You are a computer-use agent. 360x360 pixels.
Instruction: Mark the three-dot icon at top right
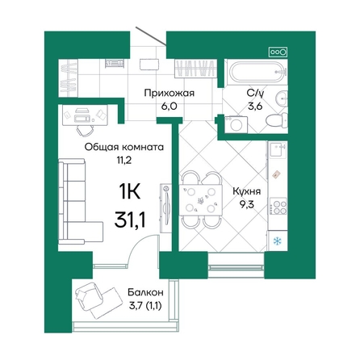click(x=277, y=49)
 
